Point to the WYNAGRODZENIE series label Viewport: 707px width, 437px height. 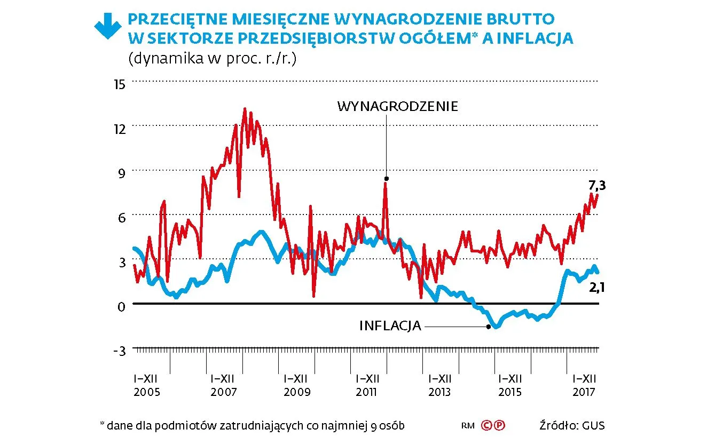397,106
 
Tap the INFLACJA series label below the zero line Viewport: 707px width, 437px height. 390,325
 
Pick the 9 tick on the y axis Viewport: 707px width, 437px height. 121,172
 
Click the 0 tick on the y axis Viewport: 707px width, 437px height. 121,306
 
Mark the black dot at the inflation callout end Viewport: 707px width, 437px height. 488,326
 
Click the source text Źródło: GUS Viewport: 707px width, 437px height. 572,426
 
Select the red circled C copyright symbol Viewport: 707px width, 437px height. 486,426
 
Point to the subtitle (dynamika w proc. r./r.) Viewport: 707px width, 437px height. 212,58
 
